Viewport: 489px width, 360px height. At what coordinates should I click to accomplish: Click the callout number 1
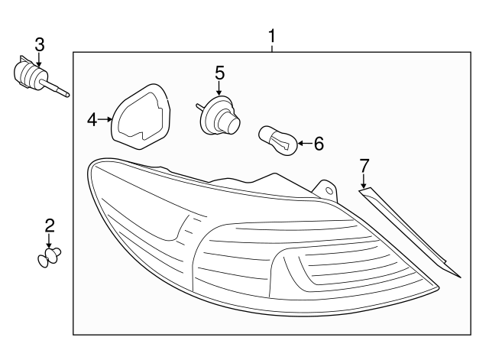tap(272, 36)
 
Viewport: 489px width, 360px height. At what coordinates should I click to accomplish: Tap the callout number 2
tap(50, 225)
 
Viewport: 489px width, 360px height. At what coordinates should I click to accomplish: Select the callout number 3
tap(40, 45)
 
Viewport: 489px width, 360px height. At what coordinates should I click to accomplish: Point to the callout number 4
tap(92, 120)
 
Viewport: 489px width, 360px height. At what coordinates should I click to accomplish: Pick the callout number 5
tap(219, 73)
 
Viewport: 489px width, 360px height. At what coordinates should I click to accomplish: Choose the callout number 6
tap(319, 144)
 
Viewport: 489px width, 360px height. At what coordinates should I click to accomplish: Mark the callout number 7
tap(364, 166)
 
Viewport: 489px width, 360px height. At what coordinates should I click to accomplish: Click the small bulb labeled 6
tap(278, 141)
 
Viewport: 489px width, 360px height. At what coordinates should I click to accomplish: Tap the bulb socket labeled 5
tap(219, 115)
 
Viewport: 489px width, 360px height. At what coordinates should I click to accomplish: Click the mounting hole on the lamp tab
tap(329, 191)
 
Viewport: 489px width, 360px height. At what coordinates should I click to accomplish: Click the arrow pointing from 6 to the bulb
tap(306, 144)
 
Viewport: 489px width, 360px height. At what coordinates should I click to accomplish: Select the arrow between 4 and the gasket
tap(105, 119)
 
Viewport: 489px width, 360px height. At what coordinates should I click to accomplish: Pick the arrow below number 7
tap(364, 181)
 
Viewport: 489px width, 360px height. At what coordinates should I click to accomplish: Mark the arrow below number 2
tap(49, 241)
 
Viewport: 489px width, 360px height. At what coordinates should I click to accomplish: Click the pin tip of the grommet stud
tap(68, 95)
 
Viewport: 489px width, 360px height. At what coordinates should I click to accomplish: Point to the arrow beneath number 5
tap(219, 88)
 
